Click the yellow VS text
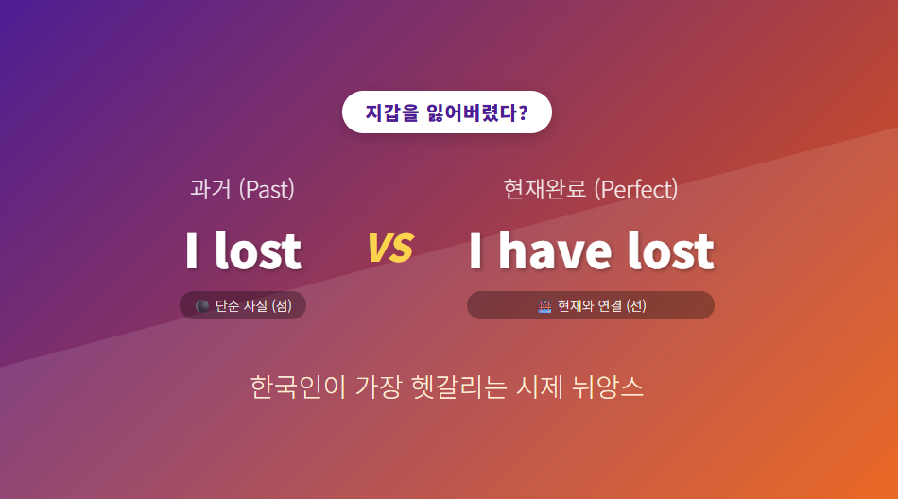click(389, 248)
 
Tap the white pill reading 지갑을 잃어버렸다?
click(446, 112)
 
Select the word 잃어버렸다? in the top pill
click(477, 112)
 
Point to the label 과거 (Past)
click(243, 189)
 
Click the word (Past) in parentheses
click(267, 189)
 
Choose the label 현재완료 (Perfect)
click(591, 189)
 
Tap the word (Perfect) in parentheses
click(636, 189)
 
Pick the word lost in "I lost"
click(257, 250)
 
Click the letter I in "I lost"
click(192, 250)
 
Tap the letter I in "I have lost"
click(477, 250)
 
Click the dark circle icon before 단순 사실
click(202, 306)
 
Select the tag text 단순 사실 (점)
click(253, 306)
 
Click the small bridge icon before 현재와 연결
click(544, 306)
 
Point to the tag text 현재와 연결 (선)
click(602, 306)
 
